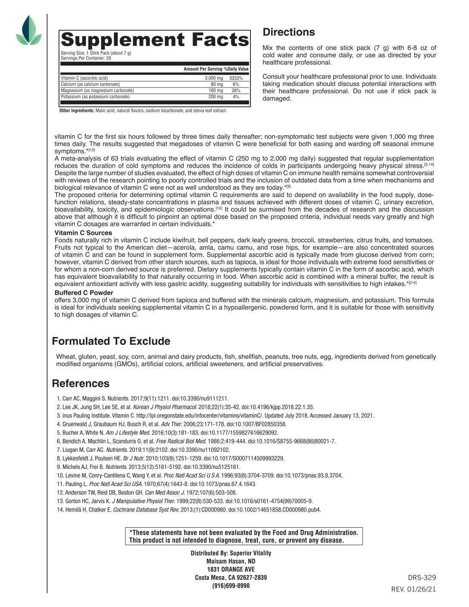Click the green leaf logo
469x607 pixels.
click(x=29, y=31)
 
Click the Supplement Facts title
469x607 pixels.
click(x=155, y=40)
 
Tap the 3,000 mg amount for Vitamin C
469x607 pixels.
click(x=214, y=78)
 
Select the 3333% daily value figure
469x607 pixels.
click(x=236, y=78)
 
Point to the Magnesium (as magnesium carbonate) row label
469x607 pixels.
click(x=97, y=91)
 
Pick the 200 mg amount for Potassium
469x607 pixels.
click(x=216, y=97)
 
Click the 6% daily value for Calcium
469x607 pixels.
click(x=236, y=84)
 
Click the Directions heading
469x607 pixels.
click(x=289, y=32)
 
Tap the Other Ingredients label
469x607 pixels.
click(x=77, y=111)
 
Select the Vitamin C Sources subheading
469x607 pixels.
click(x=83, y=233)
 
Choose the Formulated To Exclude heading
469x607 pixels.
click(x=111, y=341)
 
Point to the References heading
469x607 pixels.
click(x=81, y=384)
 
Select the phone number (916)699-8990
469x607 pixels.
click(x=231, y=585)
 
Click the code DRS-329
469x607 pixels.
click(x=422, y=578)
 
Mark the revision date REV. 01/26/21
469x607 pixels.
click(x=413, y=589)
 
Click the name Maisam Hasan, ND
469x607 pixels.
click(x=231, y=561)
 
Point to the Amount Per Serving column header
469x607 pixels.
click(x=203, y=69)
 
